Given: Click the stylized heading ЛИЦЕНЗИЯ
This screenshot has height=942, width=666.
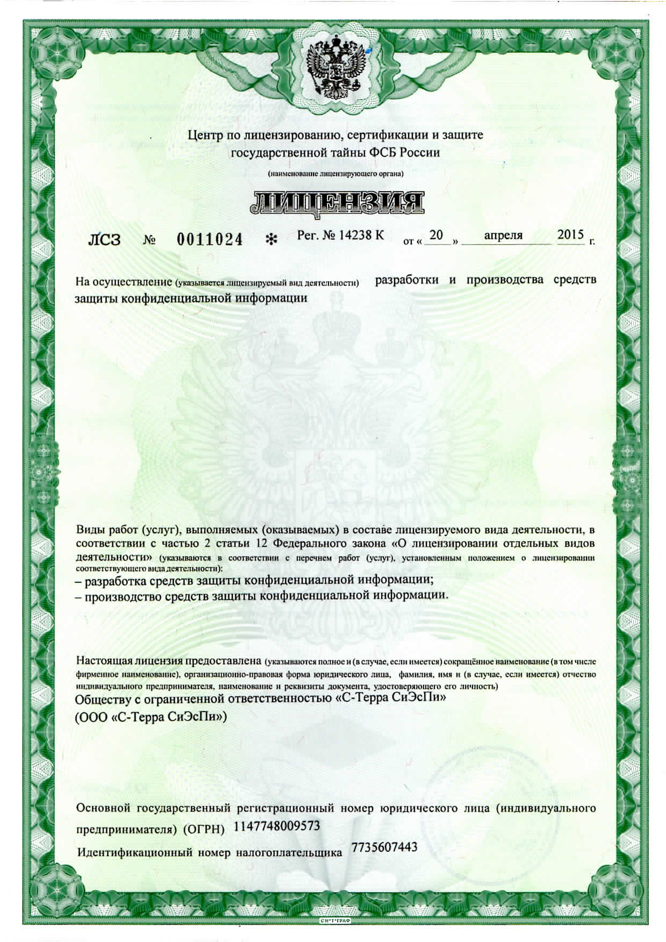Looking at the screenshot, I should point(336,203).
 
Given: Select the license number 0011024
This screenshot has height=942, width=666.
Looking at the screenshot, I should point(210,239).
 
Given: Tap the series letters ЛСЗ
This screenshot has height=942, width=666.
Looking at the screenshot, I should point(104,240).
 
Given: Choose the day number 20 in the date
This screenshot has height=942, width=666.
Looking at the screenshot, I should point(436,235).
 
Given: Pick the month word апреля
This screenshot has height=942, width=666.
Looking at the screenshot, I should point(503,236).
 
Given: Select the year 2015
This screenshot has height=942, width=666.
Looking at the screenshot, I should point(570,235).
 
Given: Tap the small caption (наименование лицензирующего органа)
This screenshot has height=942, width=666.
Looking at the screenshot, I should point(336,174).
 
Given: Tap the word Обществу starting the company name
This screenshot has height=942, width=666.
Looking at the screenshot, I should point(104,699).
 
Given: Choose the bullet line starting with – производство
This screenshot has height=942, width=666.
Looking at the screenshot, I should point(261,596).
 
